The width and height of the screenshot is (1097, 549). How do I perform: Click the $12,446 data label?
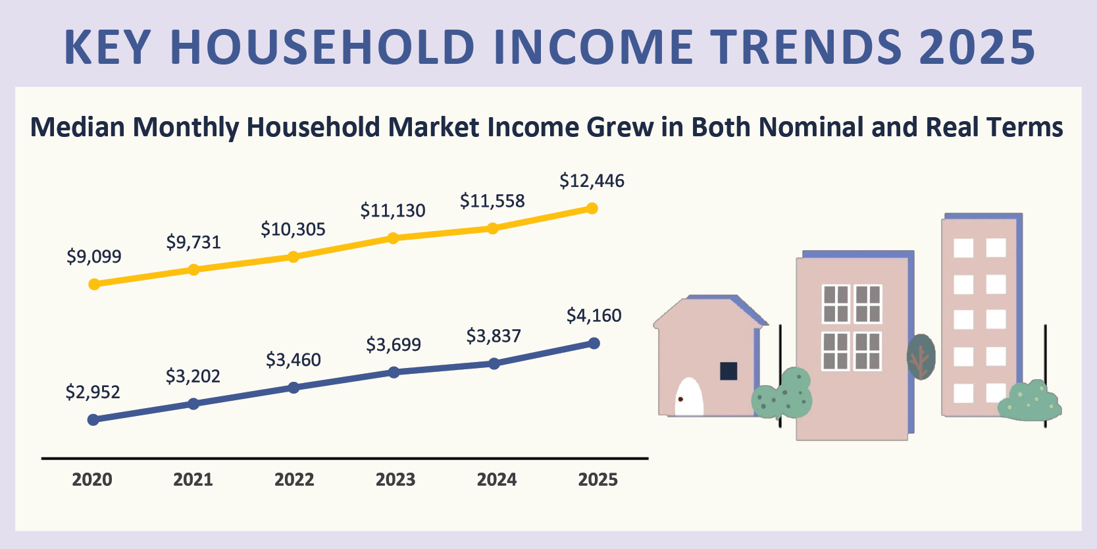pos(592,181)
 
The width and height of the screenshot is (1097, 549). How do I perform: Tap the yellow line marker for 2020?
pos(94,284)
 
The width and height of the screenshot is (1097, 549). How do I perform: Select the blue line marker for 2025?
pos(594,343)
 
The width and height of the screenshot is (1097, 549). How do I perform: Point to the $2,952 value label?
pos(93,392)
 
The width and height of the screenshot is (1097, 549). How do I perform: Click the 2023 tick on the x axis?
pos(395,479)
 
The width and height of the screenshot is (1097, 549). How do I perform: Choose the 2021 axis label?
pos(193,479)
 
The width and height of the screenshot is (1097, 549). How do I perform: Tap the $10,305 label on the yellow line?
pos(293,230)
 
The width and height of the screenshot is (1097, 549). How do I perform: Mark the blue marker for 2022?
pos(294,388)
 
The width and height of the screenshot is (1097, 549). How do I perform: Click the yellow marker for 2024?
pos(493,228)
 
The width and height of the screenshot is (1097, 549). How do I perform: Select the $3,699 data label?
pos(394,345)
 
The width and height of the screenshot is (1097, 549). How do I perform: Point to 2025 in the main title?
pos(977,47)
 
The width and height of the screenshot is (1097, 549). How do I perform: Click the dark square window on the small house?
pos(728,371)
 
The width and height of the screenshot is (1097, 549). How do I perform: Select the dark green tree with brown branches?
pos(921,357)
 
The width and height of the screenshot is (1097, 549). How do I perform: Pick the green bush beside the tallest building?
pos(1029,402)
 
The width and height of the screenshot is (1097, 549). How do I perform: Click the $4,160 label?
pos(594,316)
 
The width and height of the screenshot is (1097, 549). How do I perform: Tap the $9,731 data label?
pos(193,242)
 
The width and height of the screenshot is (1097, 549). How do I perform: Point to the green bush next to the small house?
pos(782,395)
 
